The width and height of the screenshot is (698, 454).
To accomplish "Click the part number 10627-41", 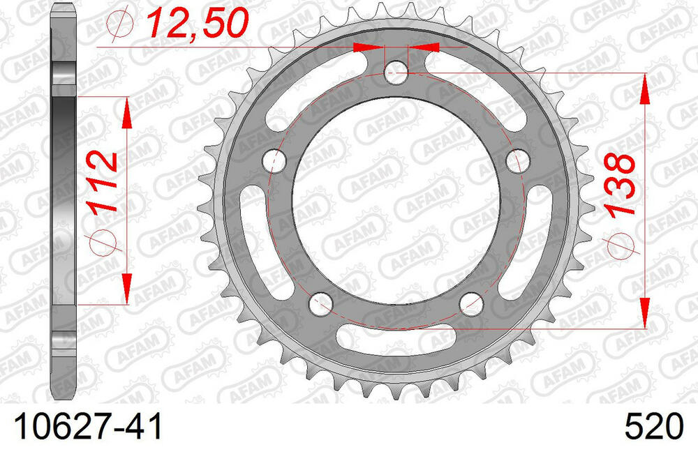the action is point(89,427).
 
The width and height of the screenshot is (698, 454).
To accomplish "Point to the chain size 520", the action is point(653,427).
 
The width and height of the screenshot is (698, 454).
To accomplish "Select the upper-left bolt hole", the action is point(274,160).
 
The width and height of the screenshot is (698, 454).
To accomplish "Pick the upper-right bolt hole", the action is point(518,160).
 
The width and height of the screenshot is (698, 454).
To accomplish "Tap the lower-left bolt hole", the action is point(320,303).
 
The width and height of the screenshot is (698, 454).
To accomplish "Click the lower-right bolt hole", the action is point(471,303).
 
